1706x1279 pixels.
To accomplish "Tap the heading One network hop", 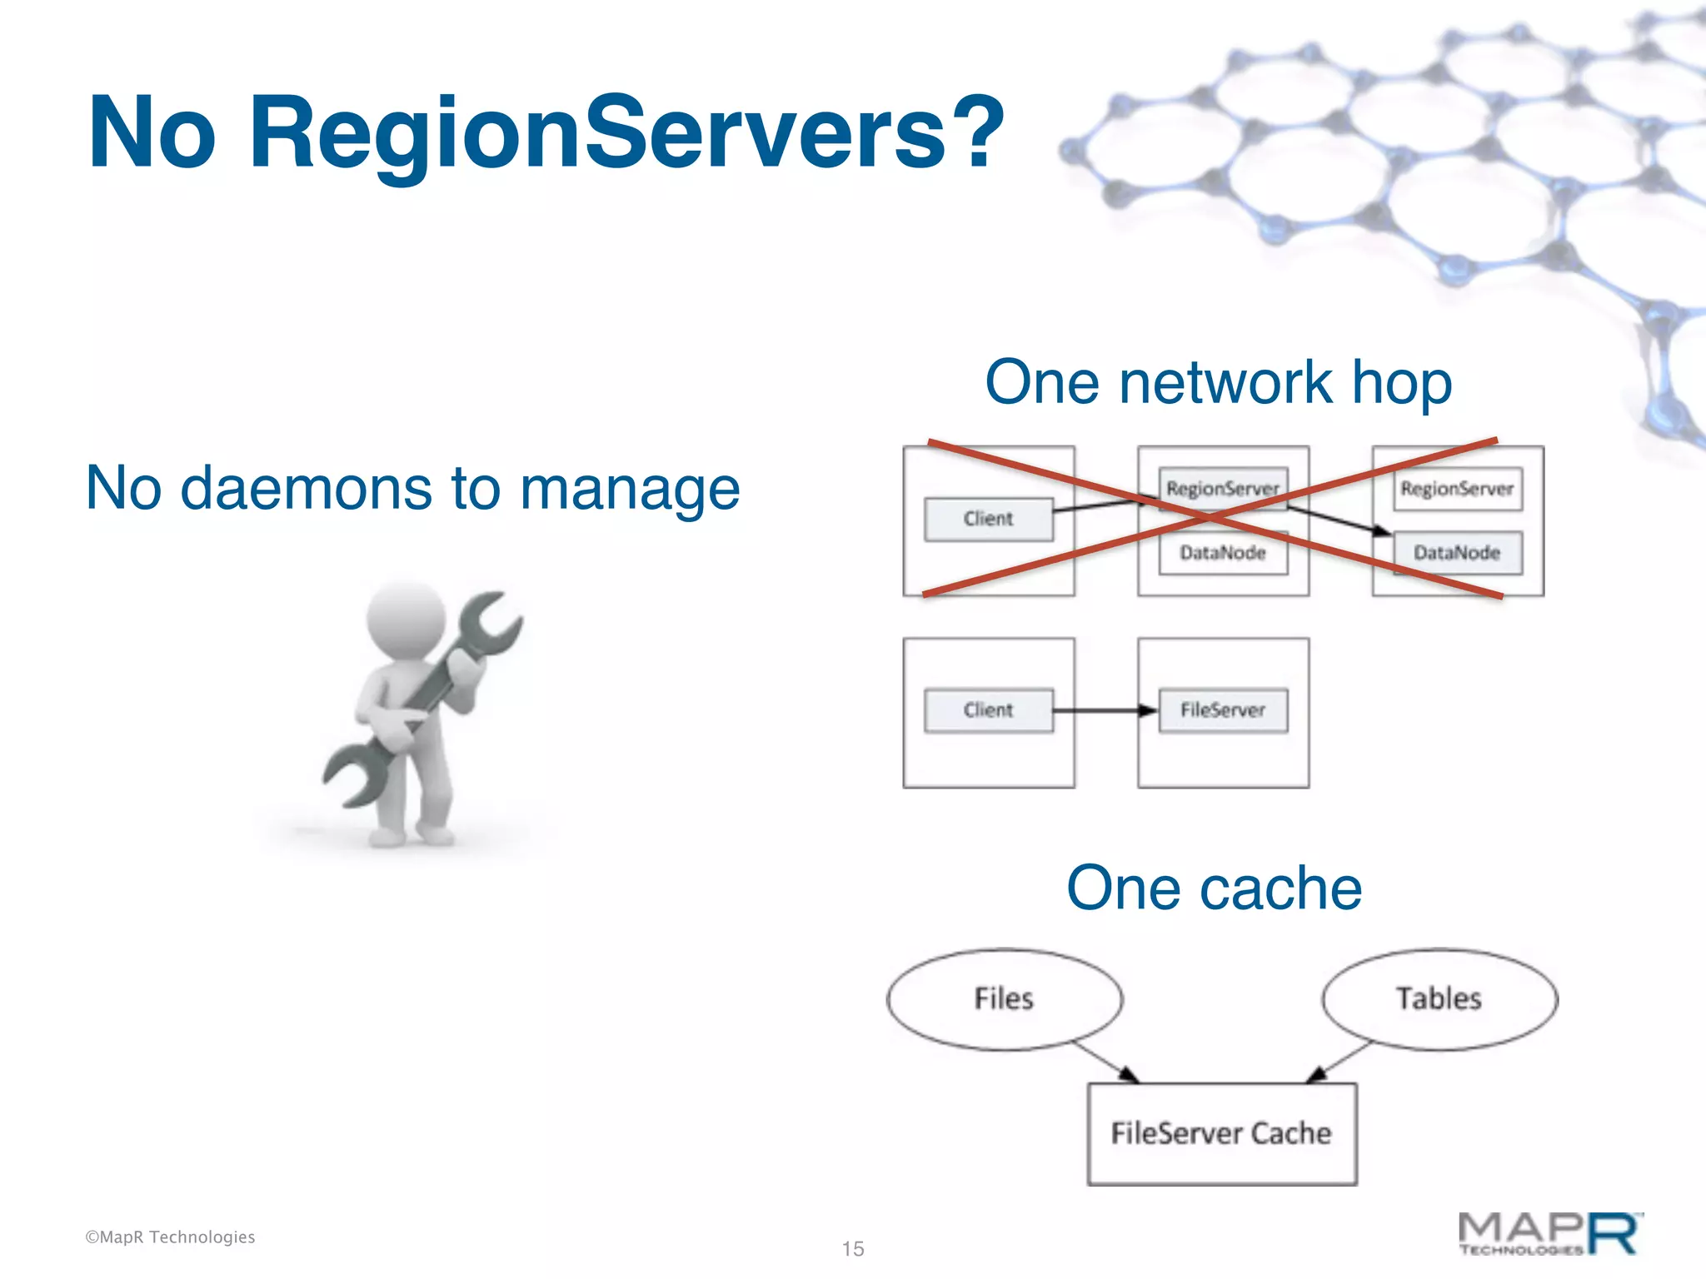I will (1218, 382).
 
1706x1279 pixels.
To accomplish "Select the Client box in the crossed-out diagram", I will (988, 520).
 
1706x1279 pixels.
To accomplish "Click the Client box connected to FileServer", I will (988, 710).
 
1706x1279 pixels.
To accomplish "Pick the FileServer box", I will (1222, 710).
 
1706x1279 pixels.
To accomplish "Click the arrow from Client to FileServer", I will (1105, 710).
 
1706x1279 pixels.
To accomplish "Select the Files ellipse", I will (1004, 998).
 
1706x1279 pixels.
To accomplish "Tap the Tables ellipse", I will (1439, 998).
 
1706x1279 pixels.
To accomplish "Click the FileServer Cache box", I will (1221, 1133).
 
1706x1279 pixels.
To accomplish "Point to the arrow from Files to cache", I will (1105, 1062).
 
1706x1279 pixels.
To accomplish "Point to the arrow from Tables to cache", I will (1339, 1062).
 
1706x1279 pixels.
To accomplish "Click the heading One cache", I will (1214, 888).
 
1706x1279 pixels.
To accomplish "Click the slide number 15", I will (853, 1248).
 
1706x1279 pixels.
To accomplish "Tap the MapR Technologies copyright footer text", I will (170, 1237).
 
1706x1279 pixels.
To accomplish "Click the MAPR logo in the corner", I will (1550, 1234).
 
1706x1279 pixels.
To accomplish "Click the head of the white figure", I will (406, 620).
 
